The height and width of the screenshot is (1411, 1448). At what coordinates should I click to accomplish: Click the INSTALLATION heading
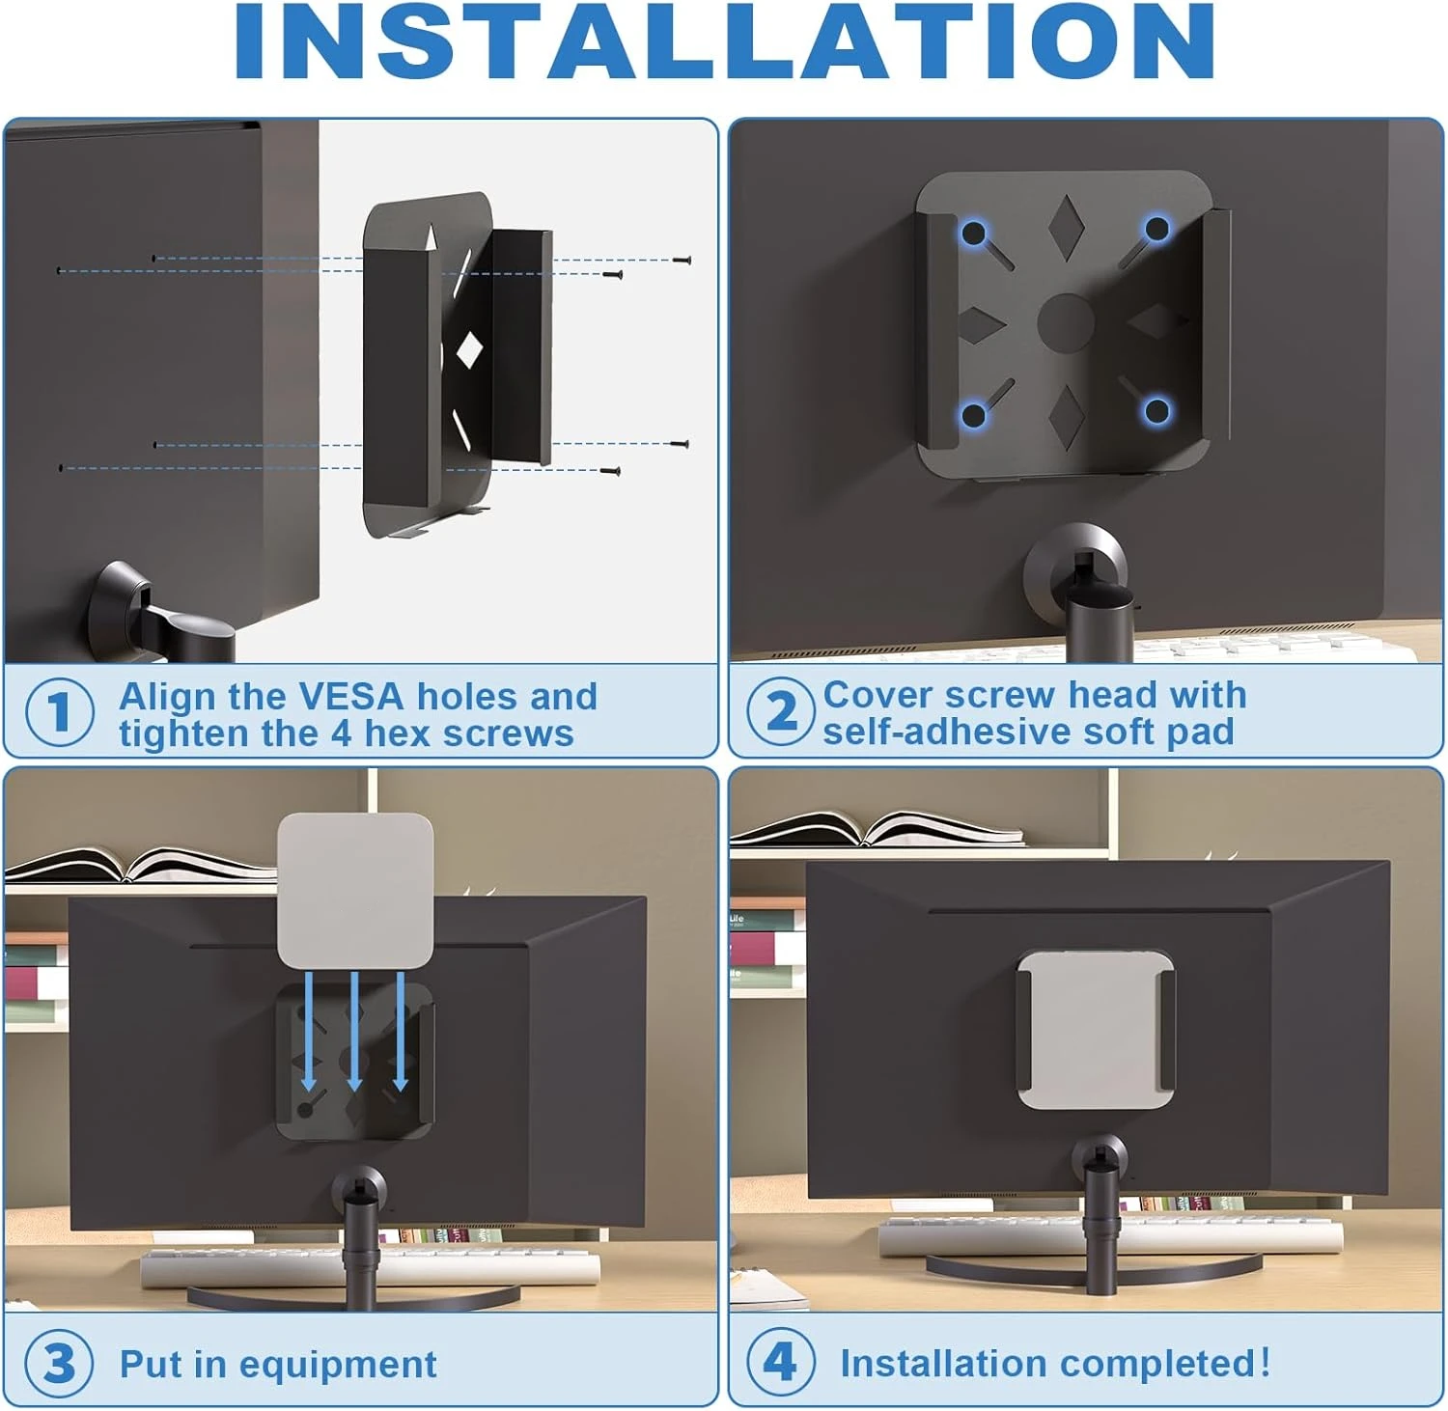point(725,41)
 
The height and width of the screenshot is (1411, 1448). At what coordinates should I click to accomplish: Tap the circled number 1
point(60,712)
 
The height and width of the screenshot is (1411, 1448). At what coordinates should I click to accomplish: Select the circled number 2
point(781,711)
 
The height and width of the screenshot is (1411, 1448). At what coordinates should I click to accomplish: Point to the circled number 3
point(60,1365)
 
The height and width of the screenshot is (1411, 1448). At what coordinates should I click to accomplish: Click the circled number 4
point(781,1362)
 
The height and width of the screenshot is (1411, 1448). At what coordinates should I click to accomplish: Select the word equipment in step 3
point(338,1366)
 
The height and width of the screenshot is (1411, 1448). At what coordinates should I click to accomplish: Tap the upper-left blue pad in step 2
point(974,234)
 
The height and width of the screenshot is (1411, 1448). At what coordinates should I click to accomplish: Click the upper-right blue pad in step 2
point(1156,230)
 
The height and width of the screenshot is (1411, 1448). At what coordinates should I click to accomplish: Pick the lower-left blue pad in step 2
point(973,415)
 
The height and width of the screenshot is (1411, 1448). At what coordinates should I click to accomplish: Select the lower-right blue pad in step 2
point(1156,411)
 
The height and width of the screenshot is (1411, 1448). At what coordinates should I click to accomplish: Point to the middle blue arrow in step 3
point(354,1031)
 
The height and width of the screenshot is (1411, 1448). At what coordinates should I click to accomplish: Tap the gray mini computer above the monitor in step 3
point(354,890)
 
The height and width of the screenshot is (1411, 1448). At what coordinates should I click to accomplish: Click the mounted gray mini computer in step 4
point(1097,1029)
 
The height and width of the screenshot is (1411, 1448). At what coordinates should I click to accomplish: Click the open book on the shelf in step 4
point(877,831)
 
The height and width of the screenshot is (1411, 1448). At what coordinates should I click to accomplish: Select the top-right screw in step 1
point(682,260)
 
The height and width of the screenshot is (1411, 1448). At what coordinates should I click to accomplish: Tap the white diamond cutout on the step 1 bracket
point(469,349)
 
